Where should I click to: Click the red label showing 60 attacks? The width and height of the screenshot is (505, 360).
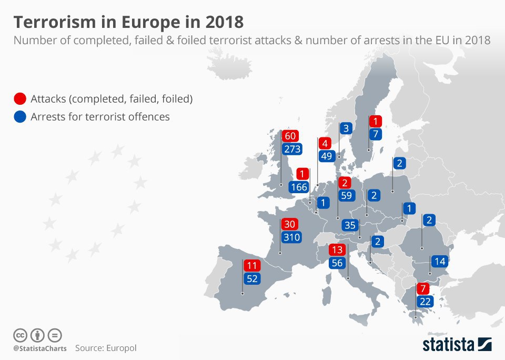point(290,136)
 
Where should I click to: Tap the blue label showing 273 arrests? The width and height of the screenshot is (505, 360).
point(291,149)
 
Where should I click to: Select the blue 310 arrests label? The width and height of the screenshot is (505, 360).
point(291,237)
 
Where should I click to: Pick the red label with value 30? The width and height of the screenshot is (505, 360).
point(290,224)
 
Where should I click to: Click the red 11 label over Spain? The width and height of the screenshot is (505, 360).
point(252,266)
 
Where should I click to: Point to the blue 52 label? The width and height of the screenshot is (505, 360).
point(252,279)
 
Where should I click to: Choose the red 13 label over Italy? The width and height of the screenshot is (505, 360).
point(337,250)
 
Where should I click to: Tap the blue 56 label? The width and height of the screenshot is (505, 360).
point(337,263)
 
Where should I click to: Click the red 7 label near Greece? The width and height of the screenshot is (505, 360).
point(423,288)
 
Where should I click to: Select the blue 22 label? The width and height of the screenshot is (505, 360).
point(425,302)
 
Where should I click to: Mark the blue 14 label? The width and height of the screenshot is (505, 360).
point(439,261)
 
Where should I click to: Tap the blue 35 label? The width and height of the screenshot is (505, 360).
point(349,225)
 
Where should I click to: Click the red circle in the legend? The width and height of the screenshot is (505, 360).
point(20,99)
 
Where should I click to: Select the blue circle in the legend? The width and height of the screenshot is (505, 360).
point(20,117)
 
